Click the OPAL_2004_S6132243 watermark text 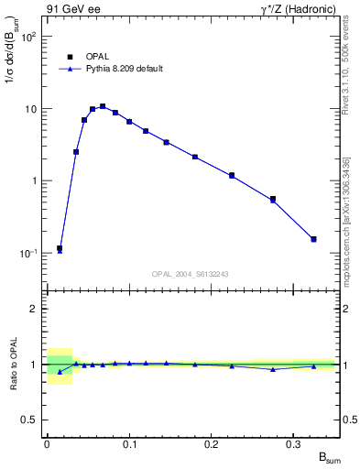[191, 274]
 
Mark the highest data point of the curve [103, 106]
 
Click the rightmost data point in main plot [313, 240]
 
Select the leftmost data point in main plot [60, 249]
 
